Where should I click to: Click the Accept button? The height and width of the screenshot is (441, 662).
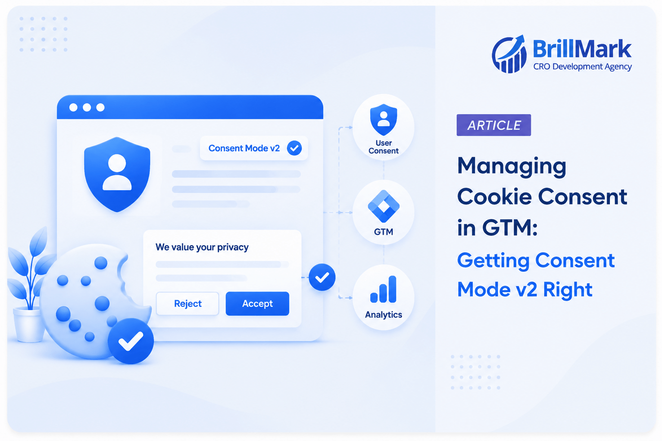257,303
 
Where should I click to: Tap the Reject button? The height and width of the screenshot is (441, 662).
187,303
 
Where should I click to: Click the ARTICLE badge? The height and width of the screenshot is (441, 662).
493,125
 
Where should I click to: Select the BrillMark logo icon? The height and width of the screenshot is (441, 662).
509,54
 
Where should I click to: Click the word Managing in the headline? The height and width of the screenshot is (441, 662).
512,166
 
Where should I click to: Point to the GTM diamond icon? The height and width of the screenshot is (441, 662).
384,206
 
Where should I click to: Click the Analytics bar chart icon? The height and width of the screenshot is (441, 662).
383,289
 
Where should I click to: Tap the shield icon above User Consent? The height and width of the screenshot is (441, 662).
384,119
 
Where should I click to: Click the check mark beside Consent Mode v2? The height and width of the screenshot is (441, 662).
294,148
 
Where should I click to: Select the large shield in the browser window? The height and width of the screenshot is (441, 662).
117,174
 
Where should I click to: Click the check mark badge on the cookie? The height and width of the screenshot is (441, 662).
131,341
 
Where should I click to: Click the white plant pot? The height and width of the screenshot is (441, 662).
28,324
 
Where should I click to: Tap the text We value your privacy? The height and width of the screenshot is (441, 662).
202,247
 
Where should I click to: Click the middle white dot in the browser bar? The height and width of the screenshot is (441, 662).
87,108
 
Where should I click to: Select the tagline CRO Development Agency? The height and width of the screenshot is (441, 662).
583,67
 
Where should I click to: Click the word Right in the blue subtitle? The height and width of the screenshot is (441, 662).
568,289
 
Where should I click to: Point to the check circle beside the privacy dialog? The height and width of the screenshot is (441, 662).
322,277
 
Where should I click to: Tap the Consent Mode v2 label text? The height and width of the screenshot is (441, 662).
244,148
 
